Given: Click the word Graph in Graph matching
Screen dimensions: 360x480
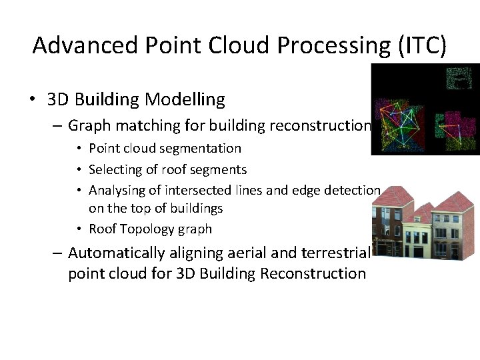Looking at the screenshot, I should click(x=88, y=125).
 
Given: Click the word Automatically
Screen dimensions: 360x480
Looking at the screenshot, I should click(x=116, y=253).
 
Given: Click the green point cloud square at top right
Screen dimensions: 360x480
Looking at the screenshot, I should click(x=458, y=78).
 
